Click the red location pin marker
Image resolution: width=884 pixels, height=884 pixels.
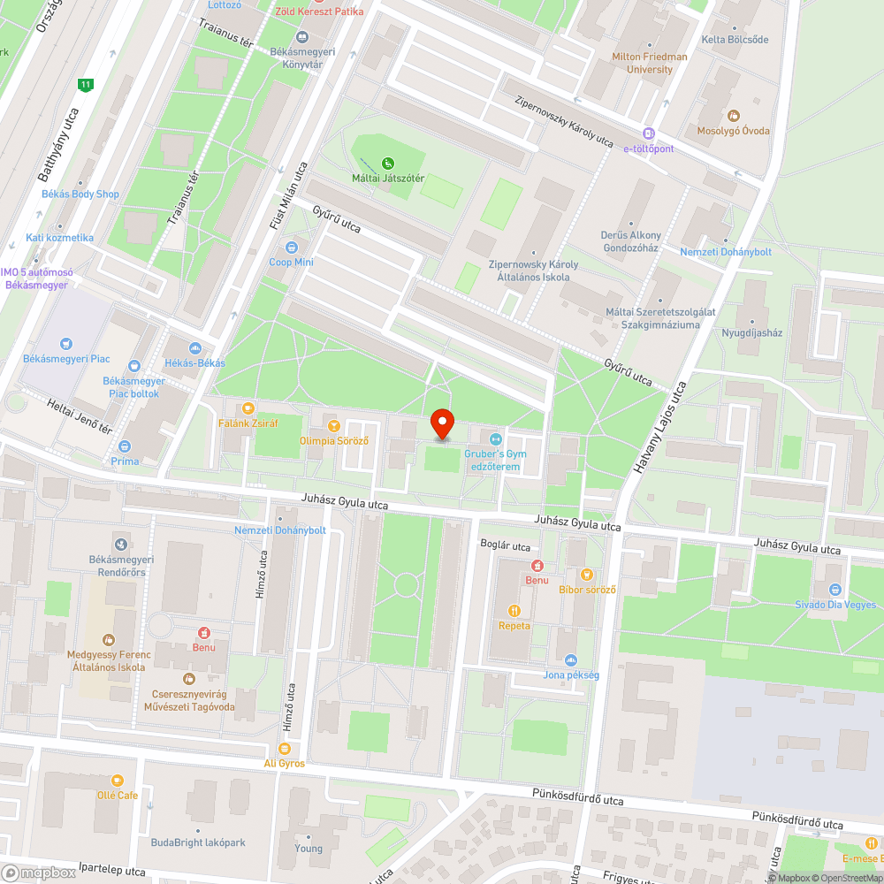pos(442,423)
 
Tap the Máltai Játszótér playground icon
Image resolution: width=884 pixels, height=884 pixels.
pos(388,163)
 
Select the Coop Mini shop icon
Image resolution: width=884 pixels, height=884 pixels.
pos(292,246)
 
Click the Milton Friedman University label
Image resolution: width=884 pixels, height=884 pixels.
pos(650,63)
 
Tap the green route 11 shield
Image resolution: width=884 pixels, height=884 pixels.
pos(85,85)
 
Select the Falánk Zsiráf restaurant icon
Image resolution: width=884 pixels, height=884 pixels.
pos(248,408)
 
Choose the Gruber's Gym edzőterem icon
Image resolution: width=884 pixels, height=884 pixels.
pos(495,438)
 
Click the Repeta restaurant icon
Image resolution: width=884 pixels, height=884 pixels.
pos(514,610)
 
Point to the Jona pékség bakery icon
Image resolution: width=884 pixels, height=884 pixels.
pos(570,659)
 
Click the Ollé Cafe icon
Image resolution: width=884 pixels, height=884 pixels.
pos(117,780)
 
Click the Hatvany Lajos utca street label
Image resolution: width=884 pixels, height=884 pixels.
pos(657,430)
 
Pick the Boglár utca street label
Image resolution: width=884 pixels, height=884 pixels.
pos(505,545)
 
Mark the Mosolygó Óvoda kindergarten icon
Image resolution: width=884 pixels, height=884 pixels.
pos(733,115)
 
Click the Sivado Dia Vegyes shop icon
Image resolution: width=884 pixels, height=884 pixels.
pos(834,590)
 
